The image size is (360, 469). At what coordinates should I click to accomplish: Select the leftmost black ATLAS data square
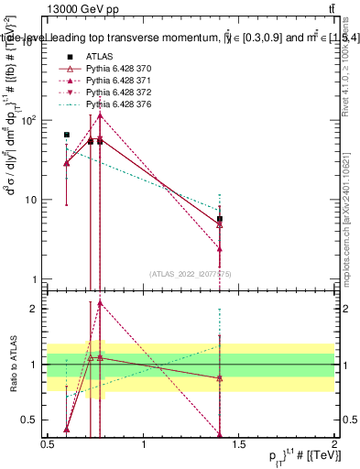67,135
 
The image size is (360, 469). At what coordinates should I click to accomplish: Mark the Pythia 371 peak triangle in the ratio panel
100,303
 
